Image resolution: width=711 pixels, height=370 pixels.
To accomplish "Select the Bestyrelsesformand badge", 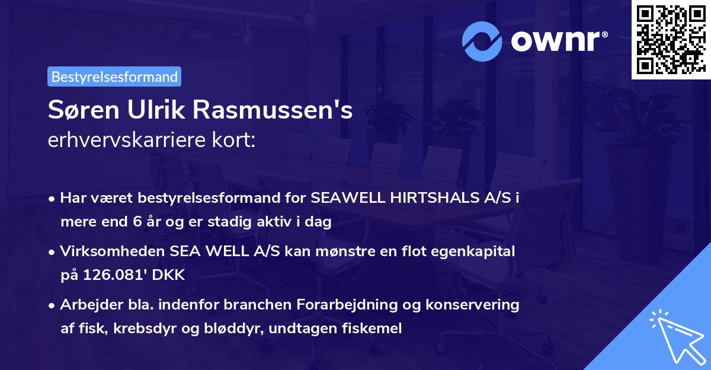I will pos(114,76).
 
